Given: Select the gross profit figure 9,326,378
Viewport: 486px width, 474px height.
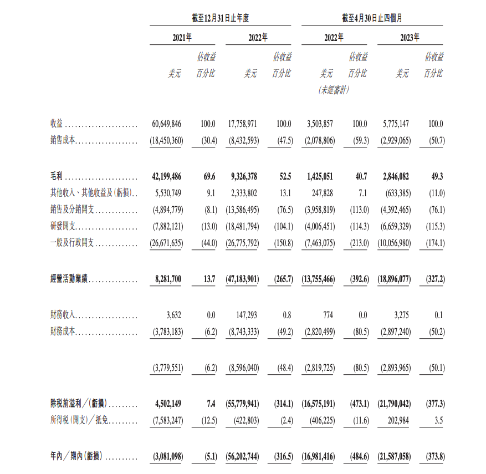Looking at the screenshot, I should [243, 177].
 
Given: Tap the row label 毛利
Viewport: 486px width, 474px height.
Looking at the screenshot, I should [57, 177].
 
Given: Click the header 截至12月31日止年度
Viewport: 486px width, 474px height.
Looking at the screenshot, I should [221, 18].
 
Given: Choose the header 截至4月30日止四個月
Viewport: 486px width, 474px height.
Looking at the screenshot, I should [372, 18].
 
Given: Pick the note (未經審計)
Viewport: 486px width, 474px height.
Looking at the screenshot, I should [334, 90].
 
